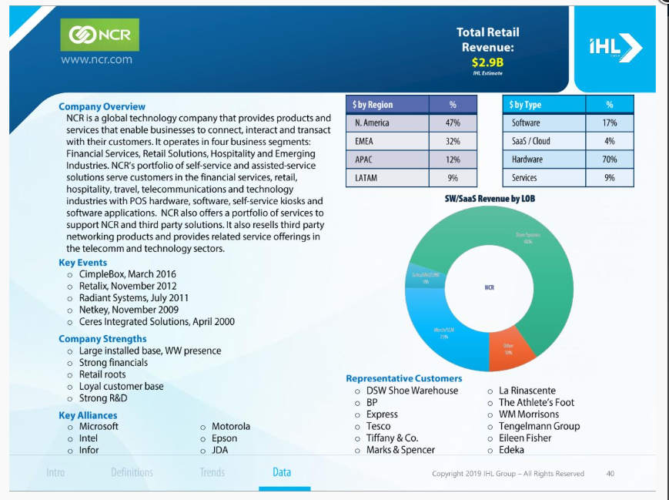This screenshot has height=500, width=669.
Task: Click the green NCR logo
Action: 99,35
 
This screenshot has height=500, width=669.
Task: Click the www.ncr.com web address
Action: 95,59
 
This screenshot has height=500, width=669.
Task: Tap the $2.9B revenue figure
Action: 487,62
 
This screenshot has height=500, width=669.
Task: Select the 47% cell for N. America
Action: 452,123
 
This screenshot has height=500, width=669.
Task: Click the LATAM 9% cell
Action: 452,178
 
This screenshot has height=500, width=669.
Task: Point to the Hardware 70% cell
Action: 609,159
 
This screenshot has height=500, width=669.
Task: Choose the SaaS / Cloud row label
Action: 530,141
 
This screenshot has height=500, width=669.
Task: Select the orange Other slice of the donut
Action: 510,349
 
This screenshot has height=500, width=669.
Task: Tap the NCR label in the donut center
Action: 489,287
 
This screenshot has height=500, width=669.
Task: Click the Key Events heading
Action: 82,263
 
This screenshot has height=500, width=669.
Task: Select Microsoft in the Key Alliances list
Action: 99,426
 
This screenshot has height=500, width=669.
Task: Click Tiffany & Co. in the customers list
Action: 392,438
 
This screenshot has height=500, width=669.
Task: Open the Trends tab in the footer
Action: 212,472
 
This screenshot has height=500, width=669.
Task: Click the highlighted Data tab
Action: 282,472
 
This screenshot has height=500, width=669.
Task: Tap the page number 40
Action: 610,474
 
